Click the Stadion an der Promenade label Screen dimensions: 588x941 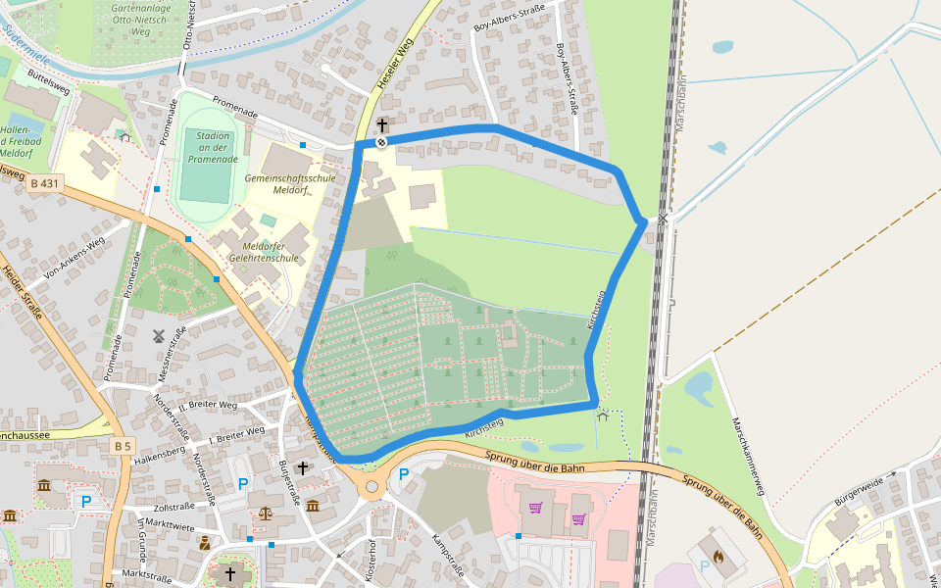(213, 147)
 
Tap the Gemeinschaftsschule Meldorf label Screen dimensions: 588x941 (289, 184)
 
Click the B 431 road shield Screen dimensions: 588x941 (45, 183)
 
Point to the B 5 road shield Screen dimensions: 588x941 (122, 446)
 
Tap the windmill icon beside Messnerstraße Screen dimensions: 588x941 (157, 335)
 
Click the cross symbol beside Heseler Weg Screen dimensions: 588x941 (381, 125)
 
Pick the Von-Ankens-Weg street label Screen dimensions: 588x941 (74, 259)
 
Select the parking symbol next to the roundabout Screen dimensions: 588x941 (403, 475)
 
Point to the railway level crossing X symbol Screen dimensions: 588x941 (664, 219)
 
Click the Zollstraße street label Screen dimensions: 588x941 (174, 508)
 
